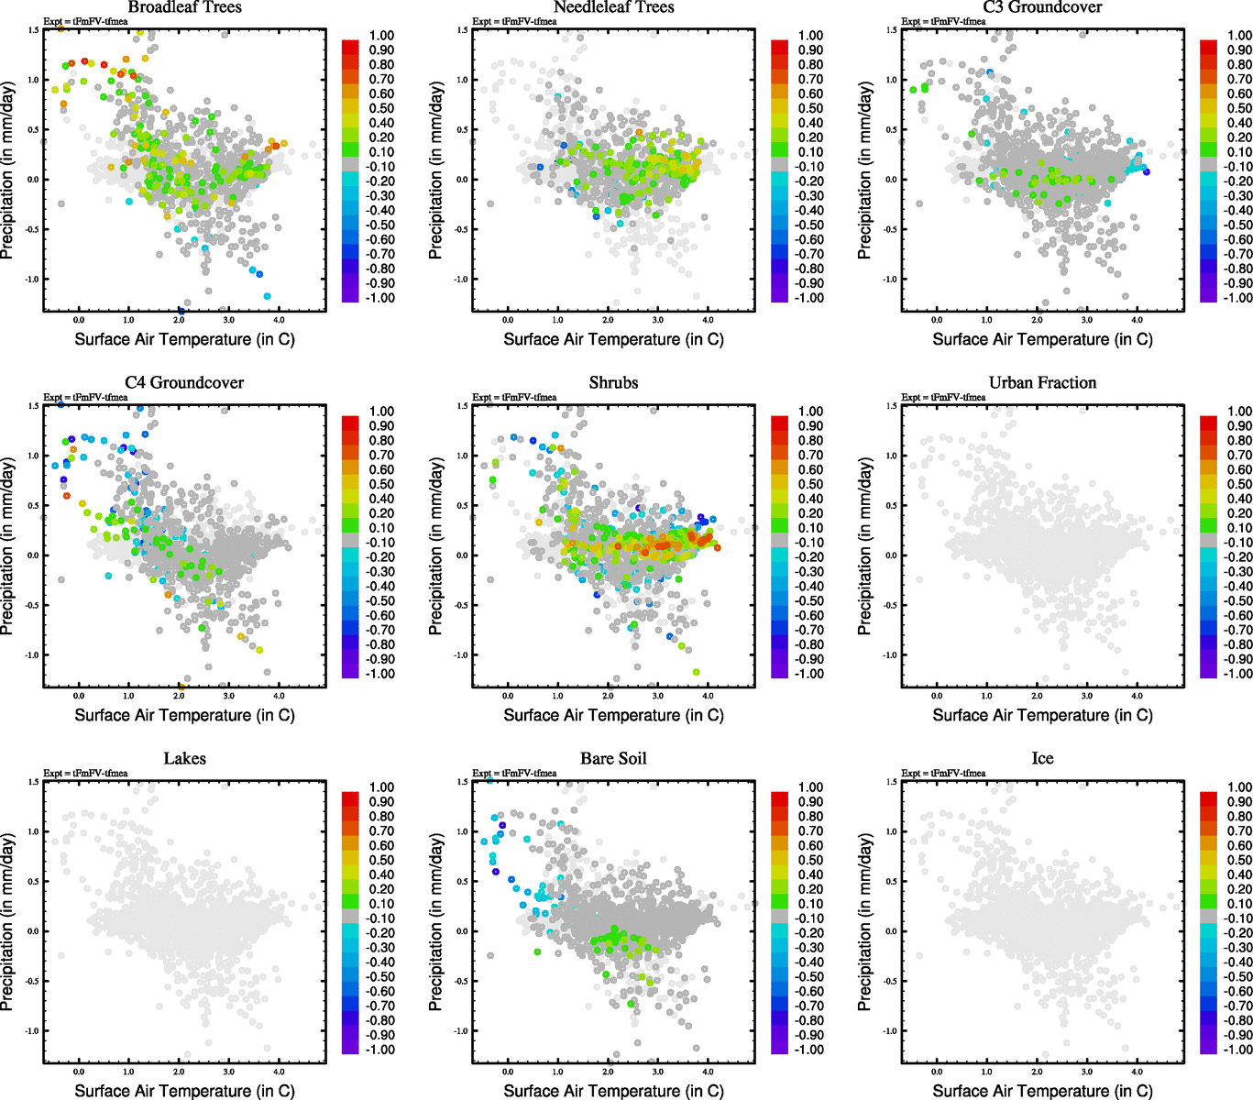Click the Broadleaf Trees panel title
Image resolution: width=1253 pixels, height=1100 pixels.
pos(184,7)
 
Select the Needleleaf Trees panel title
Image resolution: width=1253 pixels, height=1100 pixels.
pos(613,7)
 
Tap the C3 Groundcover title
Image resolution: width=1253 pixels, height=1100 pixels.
pos(1042,7)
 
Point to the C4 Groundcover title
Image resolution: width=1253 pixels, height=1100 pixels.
pos(184,383)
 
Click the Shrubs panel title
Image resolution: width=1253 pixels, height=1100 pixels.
pos(613,383)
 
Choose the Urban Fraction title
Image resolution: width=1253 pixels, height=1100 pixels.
pos(1042,383)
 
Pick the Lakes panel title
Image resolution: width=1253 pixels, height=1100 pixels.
pos(184,759)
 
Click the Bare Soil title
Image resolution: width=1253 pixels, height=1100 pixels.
pos(613,759)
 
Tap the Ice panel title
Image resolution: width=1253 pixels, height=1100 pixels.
pos(1042,759)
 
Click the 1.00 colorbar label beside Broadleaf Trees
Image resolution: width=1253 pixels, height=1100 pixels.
pos(382,36)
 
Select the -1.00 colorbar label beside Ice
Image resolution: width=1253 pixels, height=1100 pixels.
pos(1238,1050)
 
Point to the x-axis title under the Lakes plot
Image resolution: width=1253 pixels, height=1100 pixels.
pos(184,1091)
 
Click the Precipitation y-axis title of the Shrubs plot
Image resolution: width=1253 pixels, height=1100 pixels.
pos(436,547)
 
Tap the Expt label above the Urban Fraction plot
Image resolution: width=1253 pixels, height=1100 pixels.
pos(943,398)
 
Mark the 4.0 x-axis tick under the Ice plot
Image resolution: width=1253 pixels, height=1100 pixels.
pos(1137,1072)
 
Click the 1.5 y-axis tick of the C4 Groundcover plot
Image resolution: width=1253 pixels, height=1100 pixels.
pos(34,406)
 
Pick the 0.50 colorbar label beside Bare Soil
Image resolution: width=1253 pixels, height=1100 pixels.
pos(811,860)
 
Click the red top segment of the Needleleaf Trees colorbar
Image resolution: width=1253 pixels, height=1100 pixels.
pos(779,46)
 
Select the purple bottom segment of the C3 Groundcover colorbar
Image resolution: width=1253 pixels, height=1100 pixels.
pos(1208,293)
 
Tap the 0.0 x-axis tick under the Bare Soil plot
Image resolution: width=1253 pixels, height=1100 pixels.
pos(508,1072)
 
